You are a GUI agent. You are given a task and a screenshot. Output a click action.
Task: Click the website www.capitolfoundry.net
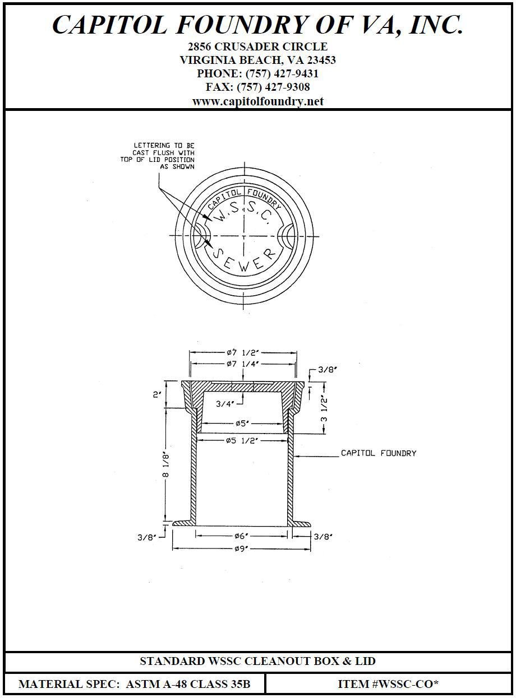point(257,101)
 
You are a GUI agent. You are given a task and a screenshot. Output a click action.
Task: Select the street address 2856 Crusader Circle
point(257,46)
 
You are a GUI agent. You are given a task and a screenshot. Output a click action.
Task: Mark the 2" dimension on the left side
point(157,395)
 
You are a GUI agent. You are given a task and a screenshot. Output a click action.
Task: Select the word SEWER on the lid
point(246,260)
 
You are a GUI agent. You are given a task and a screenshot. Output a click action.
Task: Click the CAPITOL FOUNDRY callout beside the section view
point(379,453)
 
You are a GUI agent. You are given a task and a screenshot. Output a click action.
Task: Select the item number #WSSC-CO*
point(388,684)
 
